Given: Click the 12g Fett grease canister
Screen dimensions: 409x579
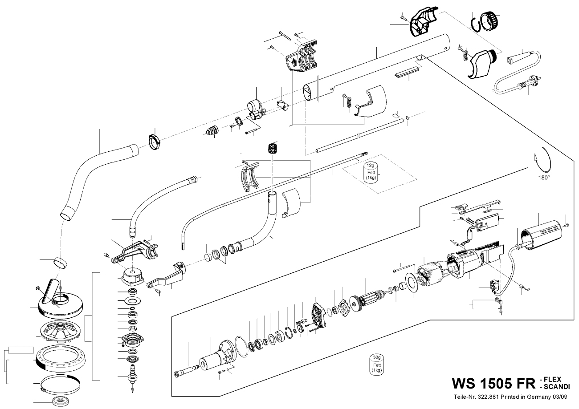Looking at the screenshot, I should click(x=371, y=171).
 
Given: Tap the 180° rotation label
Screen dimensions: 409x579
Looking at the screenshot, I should click(x=543, y=176).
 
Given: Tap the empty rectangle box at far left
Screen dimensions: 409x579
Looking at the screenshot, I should click(x=21, y=348).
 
